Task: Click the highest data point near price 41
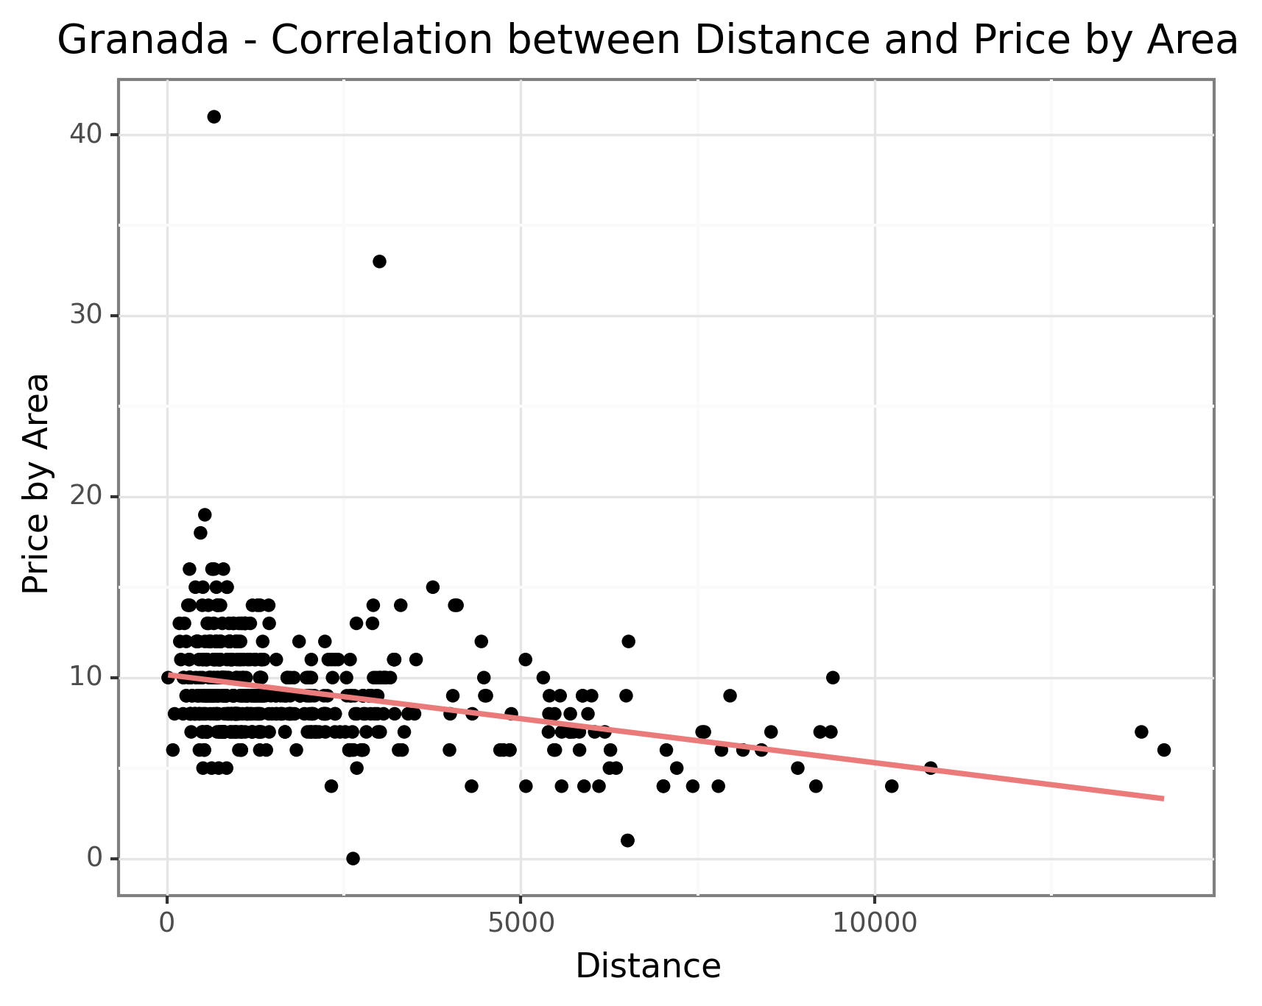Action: tap(214, 116)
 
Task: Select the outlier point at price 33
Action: tap(379, 261)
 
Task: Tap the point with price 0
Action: tap(353, 858)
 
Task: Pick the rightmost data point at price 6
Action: tap(1163, 750)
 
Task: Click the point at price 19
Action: tap(205, 514)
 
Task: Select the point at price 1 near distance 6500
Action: tap(627, 840)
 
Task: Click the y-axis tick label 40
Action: tap(84, 135)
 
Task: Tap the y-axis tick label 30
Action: tap(84, 316)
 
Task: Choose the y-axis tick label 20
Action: tap(84, 497)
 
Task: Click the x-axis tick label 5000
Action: tap(521, 923)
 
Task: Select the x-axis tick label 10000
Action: tap(874, 923)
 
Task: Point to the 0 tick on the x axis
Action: tap(168, 923)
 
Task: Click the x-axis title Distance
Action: tap(648, 966)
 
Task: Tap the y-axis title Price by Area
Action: tap(35, 483)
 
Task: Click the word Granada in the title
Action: tap(143, 40)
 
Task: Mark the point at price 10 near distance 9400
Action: tap(833, 678)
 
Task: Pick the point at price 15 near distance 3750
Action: tap(432, 587)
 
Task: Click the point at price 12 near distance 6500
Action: tap(628, 642)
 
